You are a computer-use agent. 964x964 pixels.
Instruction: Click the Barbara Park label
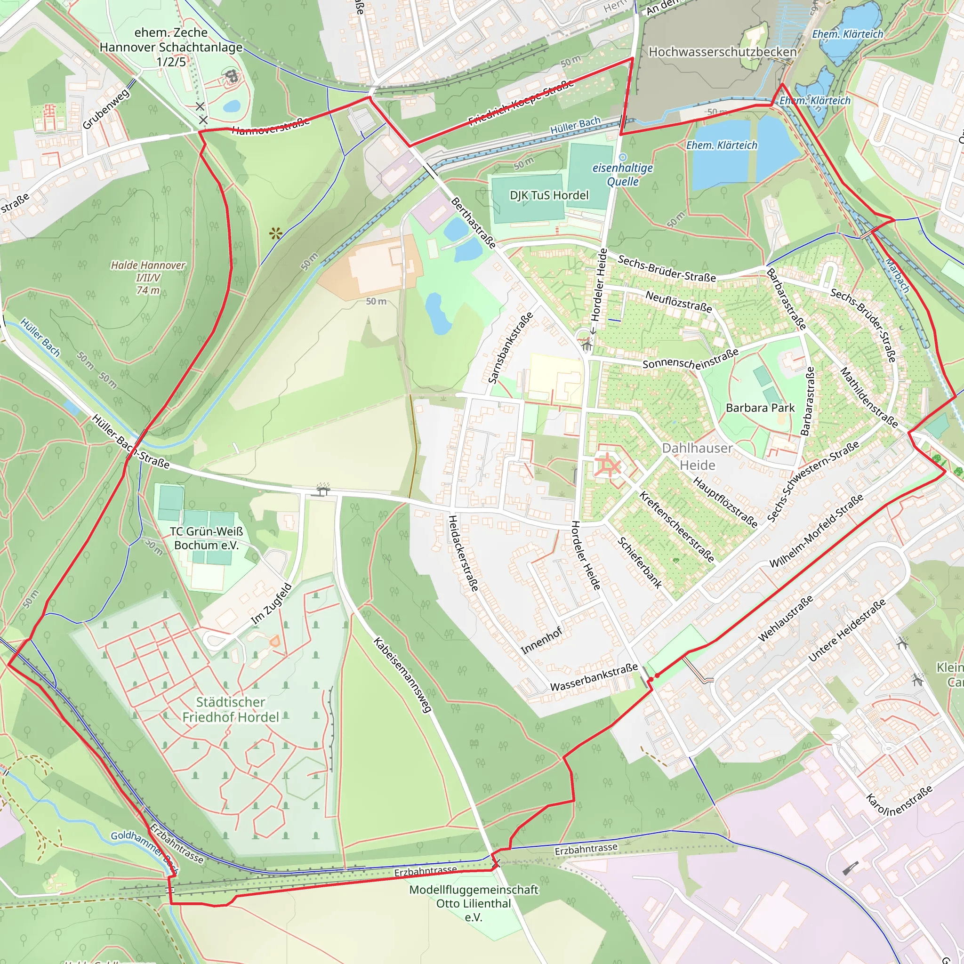pos(759,408)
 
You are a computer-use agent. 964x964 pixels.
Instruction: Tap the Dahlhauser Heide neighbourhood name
pos(697,457)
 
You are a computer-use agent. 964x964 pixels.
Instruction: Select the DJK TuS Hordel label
pos(549,195)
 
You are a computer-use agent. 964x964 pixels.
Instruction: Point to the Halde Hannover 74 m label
pos(148,277)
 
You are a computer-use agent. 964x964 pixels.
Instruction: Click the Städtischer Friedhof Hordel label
pos(230,709)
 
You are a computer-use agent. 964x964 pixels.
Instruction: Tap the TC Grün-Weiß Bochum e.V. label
pos(206,538)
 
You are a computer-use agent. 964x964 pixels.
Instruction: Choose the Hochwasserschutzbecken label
pos(722,52)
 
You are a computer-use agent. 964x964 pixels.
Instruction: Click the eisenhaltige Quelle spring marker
pos(622,157)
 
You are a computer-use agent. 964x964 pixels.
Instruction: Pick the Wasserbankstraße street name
pos(594,677)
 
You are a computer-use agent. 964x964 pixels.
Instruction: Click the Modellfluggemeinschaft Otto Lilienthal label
pos(474,903)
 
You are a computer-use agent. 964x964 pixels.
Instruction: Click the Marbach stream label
pos(897,275)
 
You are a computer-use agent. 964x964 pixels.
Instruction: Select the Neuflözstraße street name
pos(678,302)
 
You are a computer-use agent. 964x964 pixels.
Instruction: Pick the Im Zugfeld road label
pos(271,603)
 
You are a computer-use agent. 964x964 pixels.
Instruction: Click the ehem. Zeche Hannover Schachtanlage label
pos(171,47)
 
